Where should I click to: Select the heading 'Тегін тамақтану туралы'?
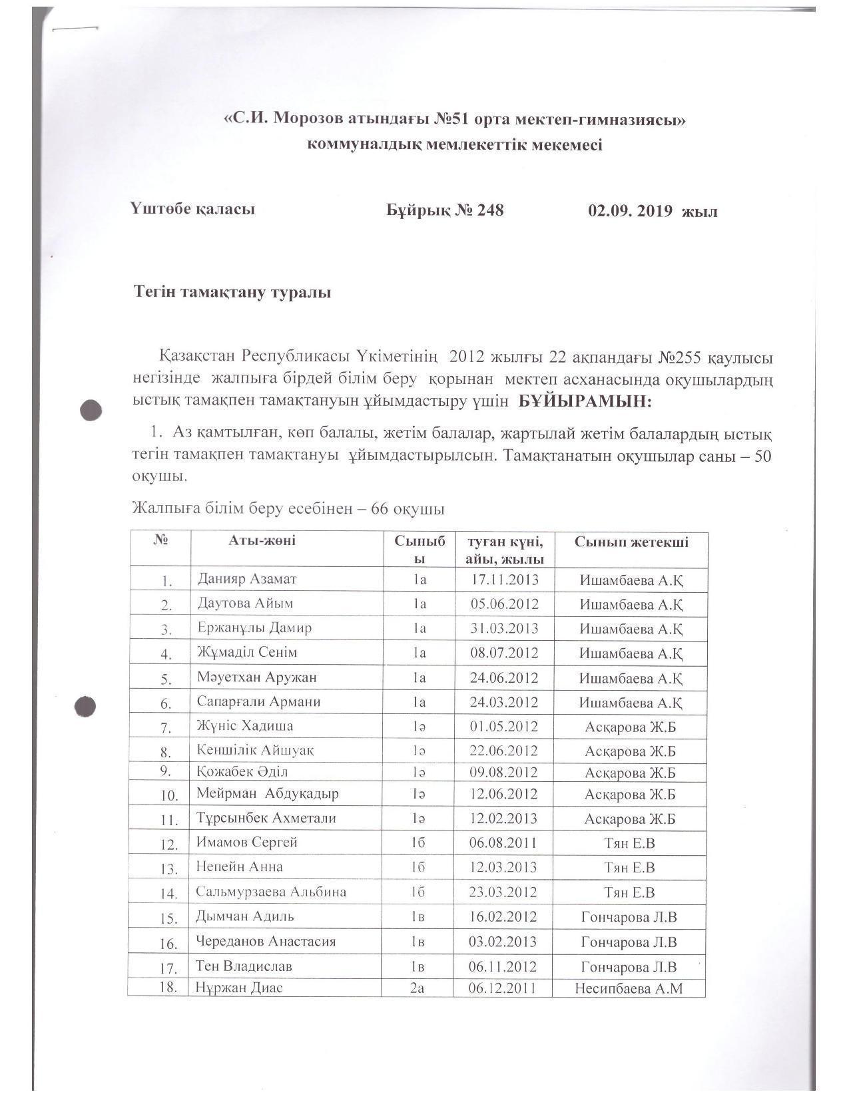pos(232,292)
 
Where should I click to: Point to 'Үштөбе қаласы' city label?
pos(193,209)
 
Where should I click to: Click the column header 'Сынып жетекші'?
pos(631,542)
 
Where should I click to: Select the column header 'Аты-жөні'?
pos(262,540)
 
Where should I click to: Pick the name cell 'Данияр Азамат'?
pos(246,579)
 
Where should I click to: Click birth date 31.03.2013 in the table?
pos(504,628)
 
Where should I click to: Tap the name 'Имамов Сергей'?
pos(246,842)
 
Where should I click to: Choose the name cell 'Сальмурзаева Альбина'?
pos(271,892)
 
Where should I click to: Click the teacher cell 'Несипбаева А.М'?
pos(629,988)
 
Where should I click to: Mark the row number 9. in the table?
pos(166,771)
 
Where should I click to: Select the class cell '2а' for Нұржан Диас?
pos(417,988)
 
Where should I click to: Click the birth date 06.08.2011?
pos(503,843)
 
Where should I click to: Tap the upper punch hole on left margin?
pos(91,410)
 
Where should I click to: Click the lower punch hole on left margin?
pos(85,707)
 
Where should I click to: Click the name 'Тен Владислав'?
pos(244,966)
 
